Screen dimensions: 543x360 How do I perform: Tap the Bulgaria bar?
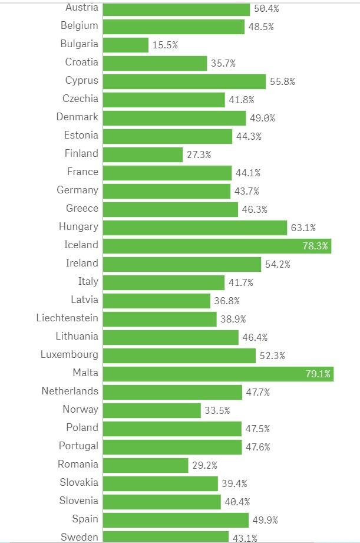[x=125, y=45]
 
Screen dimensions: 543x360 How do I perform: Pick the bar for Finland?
[x=143, y=154]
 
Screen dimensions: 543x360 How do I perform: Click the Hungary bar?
[x=194, y=227]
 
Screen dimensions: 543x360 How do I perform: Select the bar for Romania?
[x=146, y=465]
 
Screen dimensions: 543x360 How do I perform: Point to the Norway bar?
[x=151, y=410]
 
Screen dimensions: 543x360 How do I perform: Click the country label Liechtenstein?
[x=67, y=318]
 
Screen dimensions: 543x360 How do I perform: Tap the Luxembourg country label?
[x=70, y=354]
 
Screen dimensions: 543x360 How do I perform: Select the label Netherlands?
[x=70, y=391]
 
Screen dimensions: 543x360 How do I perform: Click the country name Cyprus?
[x=82, y=80]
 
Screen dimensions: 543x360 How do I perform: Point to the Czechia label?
[x=80, y=98]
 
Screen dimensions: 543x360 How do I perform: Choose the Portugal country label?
[x=78, y=446]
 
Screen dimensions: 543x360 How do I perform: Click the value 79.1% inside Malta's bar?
[x=318, y=374]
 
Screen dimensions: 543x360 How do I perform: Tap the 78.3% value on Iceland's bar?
[x=315, y=246]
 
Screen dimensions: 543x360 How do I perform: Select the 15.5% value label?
[x=165, y=45]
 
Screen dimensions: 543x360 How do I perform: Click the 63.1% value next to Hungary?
[x=303, y=228]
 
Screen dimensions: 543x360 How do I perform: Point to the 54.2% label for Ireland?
[x=278, y=264]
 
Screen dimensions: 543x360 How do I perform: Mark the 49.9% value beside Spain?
[x=265, y=520]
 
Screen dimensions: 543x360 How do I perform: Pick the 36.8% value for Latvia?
[x=227, y=301]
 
